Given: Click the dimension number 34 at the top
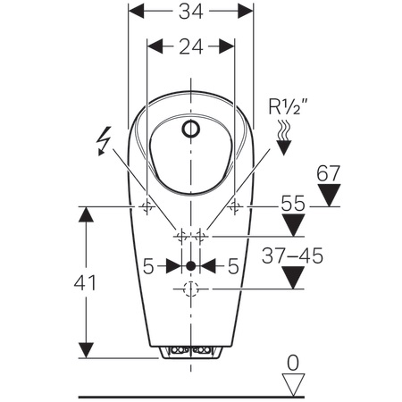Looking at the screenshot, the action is (191, 12).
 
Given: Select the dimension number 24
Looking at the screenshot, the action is (191, 46).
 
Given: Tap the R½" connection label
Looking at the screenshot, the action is (288, 106).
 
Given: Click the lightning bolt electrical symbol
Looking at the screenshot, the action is (104, 141).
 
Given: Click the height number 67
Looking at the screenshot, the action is (328, 173).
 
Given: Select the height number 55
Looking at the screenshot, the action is (293, 204).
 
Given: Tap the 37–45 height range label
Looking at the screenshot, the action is (292, 255).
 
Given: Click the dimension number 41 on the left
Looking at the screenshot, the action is (85, 283).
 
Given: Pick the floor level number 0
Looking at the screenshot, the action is (293, 363).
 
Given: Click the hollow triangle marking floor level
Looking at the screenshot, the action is (293, 385).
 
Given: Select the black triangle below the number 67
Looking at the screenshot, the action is (329, 195).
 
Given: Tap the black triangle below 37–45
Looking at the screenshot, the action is (293, 278).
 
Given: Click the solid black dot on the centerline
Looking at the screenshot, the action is (190, 266).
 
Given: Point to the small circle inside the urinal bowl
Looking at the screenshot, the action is (191, 129).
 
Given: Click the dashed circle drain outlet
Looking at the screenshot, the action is (191, 289).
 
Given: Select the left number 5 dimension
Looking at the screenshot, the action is (148, 266).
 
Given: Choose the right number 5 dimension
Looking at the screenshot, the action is (233, 266).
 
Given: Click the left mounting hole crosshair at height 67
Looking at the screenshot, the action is (147, 206).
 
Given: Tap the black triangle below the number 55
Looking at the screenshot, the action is (293, 225).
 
